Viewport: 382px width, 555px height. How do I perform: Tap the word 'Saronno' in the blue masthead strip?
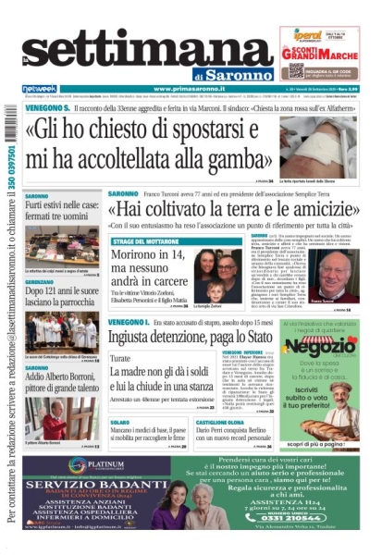(x=234, y=74)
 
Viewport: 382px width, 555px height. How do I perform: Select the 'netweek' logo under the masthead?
(x=39, y=89)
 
